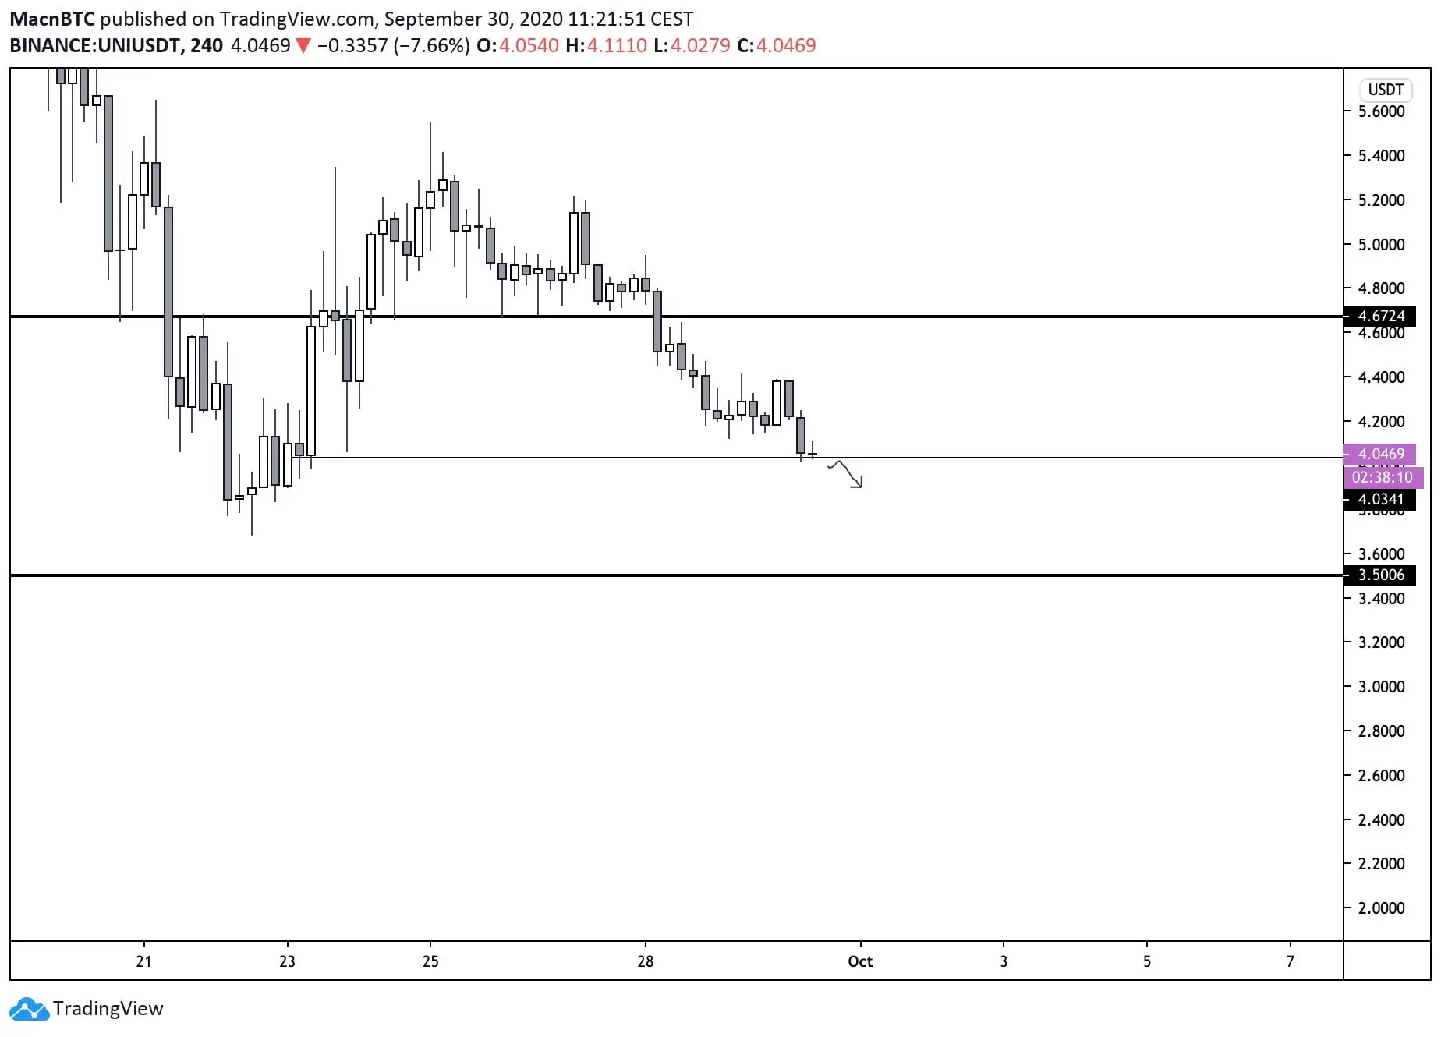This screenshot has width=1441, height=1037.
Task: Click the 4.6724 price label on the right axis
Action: coord(1381,316)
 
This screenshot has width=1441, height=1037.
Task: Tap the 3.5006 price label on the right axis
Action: coord(1381,575)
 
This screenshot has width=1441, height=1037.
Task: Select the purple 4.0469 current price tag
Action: coord(1381,454)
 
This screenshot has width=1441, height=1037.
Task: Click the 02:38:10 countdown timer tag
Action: coord(1382,477)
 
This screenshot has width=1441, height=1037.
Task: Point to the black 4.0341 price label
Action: coord(1381,499)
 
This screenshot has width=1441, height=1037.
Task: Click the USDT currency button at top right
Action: coord(1386,90)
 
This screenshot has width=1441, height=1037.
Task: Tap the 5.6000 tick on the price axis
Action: coord(1381,111)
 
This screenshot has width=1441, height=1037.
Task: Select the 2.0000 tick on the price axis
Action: coord(1381,908)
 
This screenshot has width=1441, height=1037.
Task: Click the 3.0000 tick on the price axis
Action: coord(1381,687)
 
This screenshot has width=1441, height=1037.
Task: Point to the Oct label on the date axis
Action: coord(860,961)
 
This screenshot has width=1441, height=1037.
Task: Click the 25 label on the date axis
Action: coord(430,961)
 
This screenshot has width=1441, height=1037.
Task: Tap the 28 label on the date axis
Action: coord(645,961)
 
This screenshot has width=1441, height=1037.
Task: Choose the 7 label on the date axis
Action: coord(1290,961)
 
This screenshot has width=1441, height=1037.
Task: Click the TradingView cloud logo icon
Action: coord(29,1009)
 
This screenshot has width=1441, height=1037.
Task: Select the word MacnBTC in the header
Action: coord(51,19)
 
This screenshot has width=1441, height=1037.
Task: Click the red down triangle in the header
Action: coord(303,46)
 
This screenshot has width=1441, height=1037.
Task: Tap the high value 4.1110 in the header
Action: coord(617,46)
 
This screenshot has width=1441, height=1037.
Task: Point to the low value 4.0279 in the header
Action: coord(700,46)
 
